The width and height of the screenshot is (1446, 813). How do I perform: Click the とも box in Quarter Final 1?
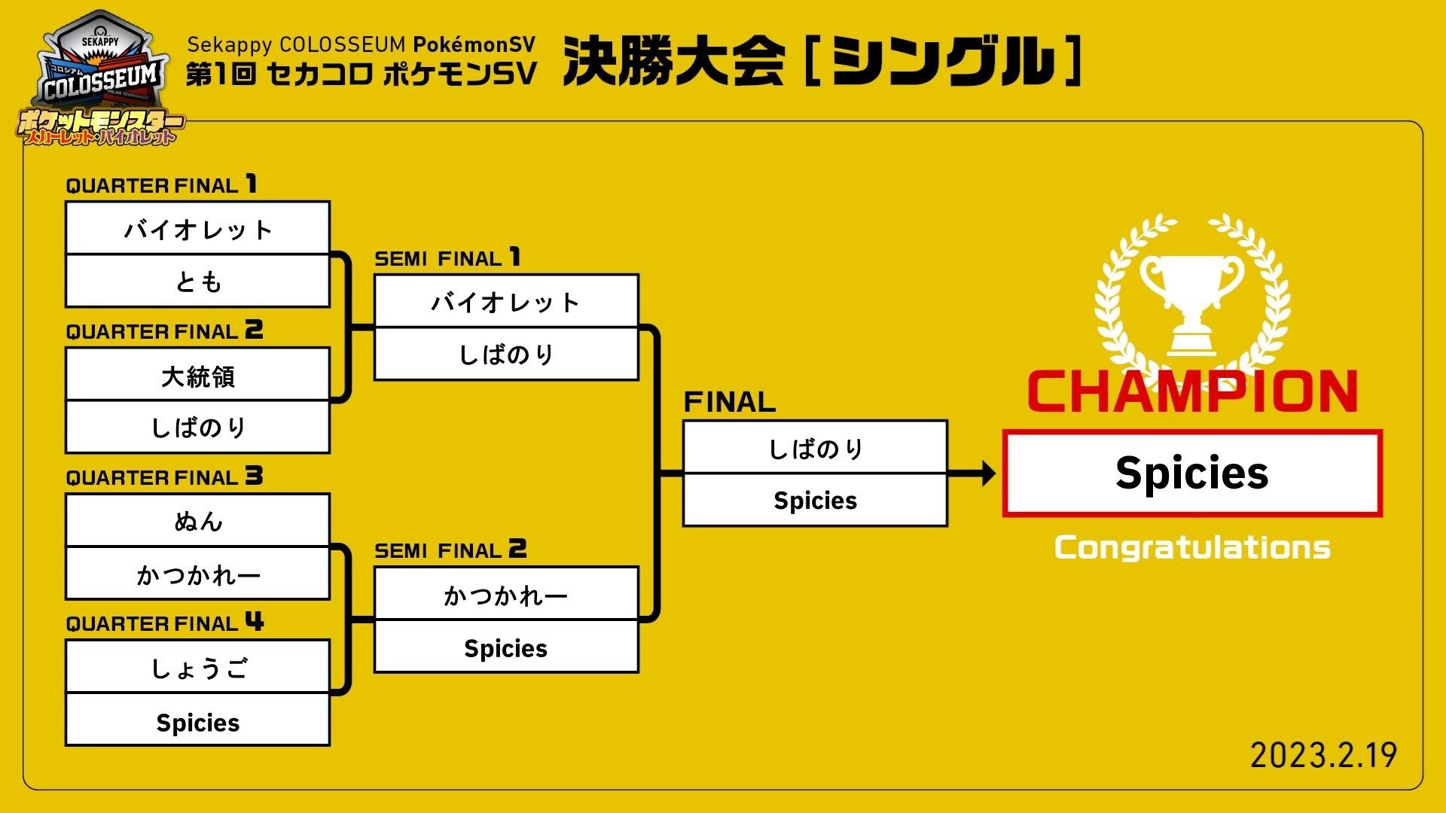(198, 282)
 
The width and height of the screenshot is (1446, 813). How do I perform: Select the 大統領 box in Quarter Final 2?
(198, 375)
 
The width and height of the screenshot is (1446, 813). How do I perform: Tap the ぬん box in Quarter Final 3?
(198, 521)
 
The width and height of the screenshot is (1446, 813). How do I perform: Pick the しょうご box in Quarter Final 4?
(198, 668)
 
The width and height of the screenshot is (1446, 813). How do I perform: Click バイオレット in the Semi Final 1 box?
(506, 302)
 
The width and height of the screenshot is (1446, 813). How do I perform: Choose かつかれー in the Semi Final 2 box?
(506, 595)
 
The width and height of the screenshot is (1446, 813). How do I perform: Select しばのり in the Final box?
(815, 449)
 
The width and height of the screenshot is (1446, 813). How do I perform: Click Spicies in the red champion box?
(1192, 473)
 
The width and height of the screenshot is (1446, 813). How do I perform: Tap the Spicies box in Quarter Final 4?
(198, 722)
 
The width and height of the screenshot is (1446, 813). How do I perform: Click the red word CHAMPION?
(1192, 391)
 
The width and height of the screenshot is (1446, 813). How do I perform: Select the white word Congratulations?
(1192, 547)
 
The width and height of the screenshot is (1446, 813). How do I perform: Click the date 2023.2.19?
(1323, 755)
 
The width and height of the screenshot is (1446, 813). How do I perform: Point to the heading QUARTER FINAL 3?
(164, 477)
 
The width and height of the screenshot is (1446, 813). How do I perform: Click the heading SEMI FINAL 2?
(450, 550)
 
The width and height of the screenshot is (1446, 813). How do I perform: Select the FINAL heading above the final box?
(729, 402)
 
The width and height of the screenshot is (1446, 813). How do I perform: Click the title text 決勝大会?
(674, 61)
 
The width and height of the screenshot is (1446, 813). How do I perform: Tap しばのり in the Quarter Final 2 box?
(198, 428)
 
